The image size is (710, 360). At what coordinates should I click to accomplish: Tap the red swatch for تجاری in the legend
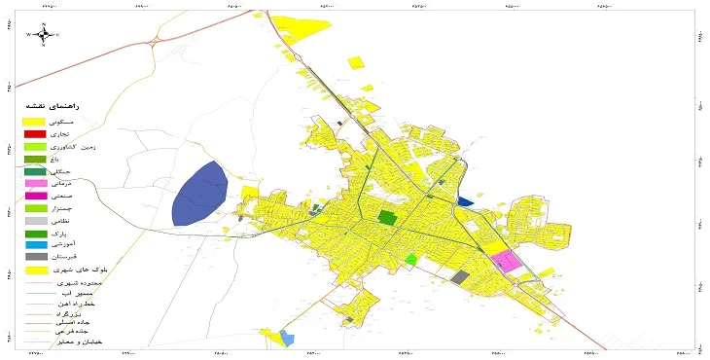34,132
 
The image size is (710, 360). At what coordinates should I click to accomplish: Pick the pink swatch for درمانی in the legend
34,183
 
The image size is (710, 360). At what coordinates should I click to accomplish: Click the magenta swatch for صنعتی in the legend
34,196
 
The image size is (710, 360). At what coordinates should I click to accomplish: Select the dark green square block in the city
387,218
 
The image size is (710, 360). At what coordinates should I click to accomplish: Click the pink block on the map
505,261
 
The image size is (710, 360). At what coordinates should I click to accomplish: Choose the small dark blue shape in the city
464,201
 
